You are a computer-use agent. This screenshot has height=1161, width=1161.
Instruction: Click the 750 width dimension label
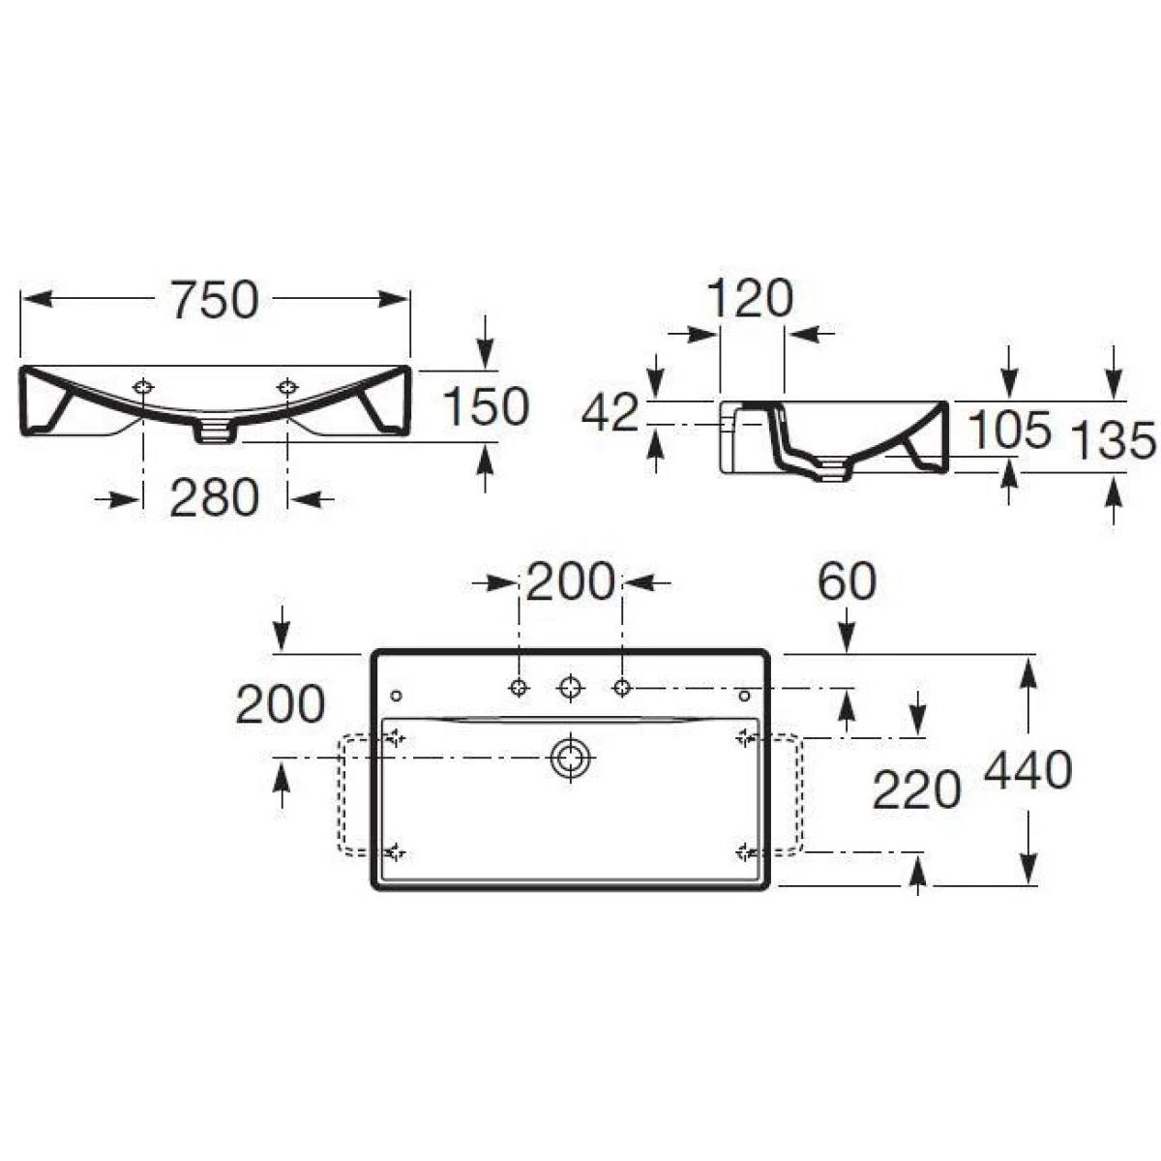(x=215, y=299)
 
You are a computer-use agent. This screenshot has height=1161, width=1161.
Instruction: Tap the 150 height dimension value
(x=486, y=407)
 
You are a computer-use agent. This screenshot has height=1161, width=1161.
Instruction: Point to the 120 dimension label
(x=750, y=298)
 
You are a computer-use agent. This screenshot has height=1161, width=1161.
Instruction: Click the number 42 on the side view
(x=610, y=413)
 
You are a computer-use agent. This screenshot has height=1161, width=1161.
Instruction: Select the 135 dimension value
(x=1115, y=441)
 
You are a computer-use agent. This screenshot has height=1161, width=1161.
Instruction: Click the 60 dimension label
(x=847, y=582)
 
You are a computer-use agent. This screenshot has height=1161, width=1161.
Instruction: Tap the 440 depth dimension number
(x=1027, y=770)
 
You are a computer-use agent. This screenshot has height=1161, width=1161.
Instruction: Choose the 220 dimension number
(x=916, y=789)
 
